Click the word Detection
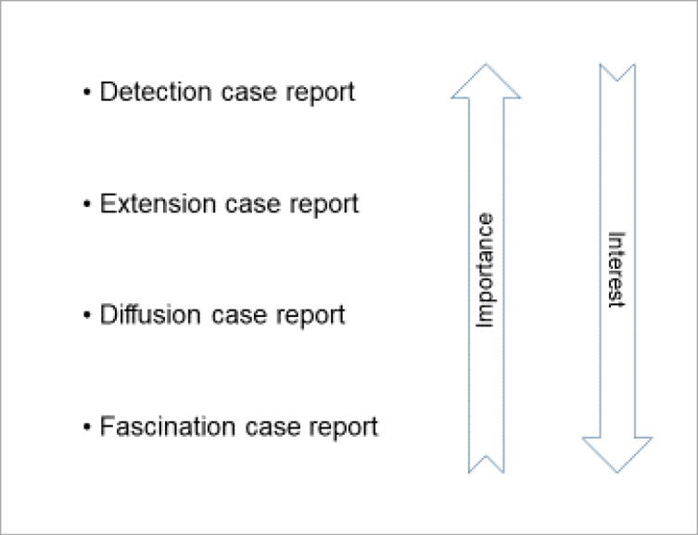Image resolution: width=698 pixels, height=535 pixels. click(x=156, y=92)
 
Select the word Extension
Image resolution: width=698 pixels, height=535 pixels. click(x=158, y=203)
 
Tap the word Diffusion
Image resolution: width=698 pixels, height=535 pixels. click(x=150, y=314)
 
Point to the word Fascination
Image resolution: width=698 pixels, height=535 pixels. click(x=168, y=427)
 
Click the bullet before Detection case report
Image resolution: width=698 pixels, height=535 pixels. click(x=87, y=93)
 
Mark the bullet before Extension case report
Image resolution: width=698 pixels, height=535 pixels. click(x=87, y=204)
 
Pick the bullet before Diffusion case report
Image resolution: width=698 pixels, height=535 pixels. click(x=87, y=315)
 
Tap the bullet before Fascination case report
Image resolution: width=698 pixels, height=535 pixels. click(x=87, y=427)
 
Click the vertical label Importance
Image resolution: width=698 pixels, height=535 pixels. click(x=486, y=271)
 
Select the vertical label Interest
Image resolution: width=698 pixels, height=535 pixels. click(x=616, y=269)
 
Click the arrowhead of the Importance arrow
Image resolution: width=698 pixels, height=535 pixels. click(x=486, y=81)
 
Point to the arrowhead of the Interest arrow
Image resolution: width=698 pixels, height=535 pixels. click(x=617, y=455)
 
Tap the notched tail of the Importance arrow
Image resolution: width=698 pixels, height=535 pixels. click(x=486, y=464)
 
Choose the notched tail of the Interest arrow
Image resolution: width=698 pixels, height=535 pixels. click(x=617, y=72)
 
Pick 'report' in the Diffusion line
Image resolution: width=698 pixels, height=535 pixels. click(x=310, y=316)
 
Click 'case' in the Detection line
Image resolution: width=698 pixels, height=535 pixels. click(x=249, y=93)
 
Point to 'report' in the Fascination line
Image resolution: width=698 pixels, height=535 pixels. click(x=343, y=428)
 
